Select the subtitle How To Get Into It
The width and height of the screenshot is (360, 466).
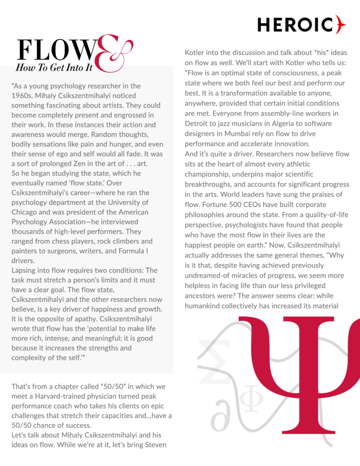click(x=55, y=68)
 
